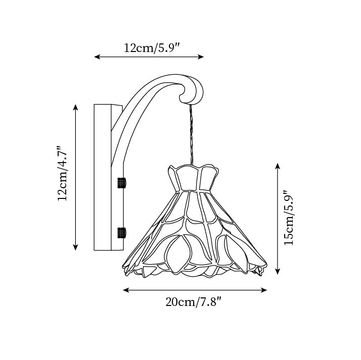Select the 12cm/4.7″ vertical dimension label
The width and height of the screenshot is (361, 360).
point(62,174)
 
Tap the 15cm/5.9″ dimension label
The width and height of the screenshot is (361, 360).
point(289,218)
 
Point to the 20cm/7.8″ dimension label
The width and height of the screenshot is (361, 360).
point(194,302)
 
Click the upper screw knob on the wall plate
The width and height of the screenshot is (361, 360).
point(122,182)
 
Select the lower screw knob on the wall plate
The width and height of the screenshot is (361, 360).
point(122,232)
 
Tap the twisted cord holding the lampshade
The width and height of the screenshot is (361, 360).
point(191,134)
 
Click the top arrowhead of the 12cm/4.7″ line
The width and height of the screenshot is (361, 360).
point(76,107)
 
